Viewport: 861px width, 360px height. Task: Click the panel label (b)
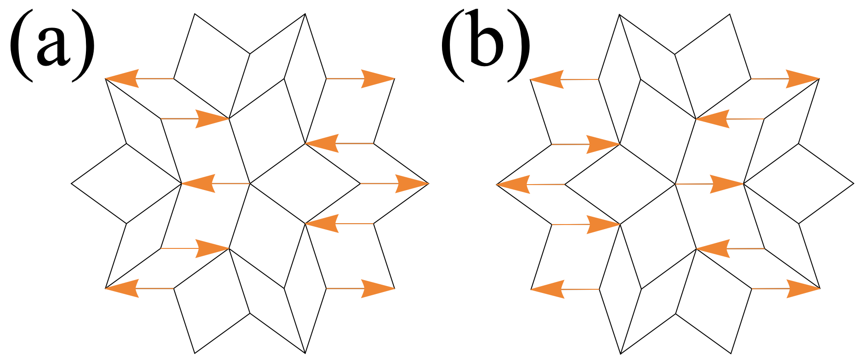(485, 48)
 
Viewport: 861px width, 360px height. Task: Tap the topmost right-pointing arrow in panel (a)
(360, 79)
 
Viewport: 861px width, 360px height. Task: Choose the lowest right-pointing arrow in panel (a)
(360, 288)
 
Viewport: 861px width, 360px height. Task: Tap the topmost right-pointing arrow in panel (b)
(785, 79)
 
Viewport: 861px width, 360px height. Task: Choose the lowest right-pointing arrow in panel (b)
(785, 288)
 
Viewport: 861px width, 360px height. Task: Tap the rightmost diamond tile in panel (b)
(799, 184)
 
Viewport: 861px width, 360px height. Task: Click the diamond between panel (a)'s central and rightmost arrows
(305, 184)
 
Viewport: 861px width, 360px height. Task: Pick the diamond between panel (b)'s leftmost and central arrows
(620, 184)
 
